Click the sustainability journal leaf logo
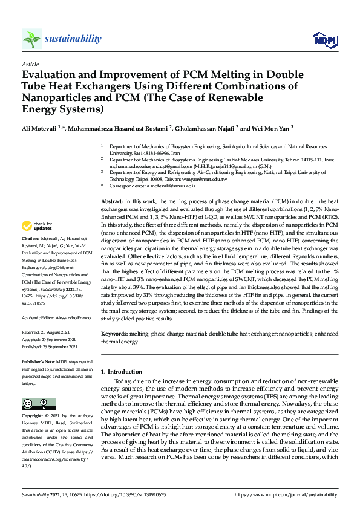pos(31,39)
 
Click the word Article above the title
pos(30,64)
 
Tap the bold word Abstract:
pos(111,199)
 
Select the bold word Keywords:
pos(115,333)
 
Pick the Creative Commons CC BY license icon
pos(39,403)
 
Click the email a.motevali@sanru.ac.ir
pos(171,187)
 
